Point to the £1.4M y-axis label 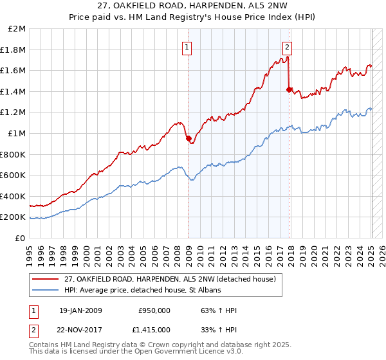[13, 91]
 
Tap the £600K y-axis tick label [13, 175]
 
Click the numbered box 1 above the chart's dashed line [187, 46]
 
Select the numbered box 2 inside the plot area [286, 46]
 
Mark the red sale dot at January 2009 [188, 138]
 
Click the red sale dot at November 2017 [289, 90]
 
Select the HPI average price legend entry [142, 291]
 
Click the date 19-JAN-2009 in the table [80, 310]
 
